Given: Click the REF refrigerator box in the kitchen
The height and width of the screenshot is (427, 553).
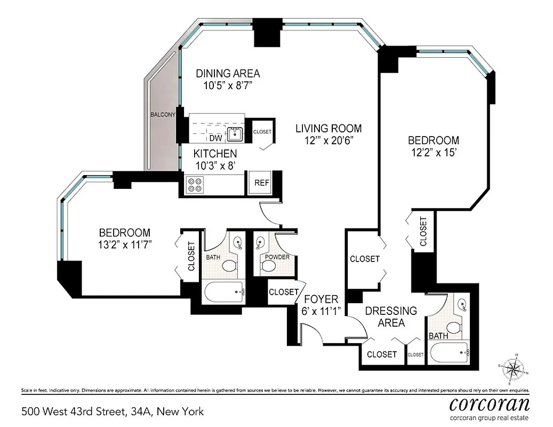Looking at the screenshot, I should coord(262,183).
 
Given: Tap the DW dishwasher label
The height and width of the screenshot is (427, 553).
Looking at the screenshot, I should coord(215,138).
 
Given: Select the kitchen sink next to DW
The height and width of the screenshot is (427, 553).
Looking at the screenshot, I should coord(235,134).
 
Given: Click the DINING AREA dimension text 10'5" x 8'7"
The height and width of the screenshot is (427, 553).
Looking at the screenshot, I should coord(228,86).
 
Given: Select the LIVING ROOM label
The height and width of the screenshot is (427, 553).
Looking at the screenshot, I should coord(328,128).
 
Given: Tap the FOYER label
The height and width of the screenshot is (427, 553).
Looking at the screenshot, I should coord(319,298).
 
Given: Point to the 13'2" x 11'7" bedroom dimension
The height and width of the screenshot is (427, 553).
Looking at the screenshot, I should coord(125,246).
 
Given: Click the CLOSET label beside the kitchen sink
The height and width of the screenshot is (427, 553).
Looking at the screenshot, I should coord(262,131).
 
